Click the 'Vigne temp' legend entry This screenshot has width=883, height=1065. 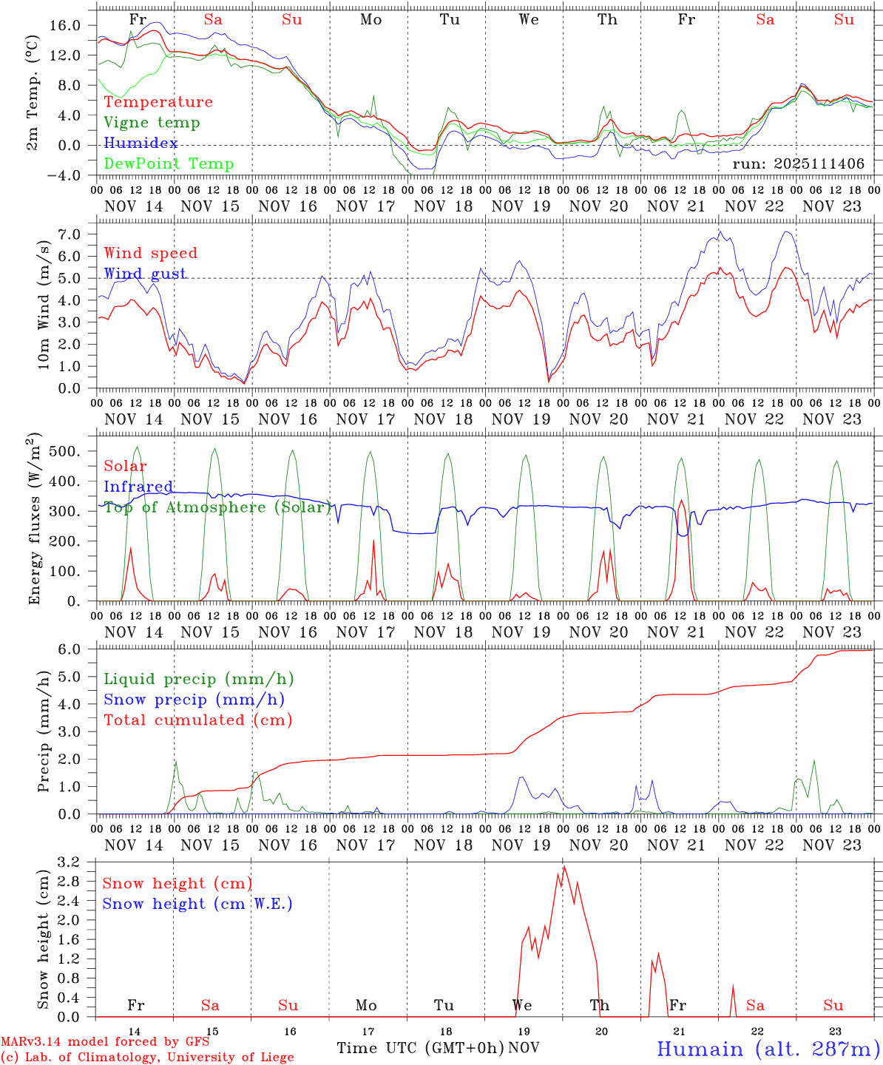point(152,123)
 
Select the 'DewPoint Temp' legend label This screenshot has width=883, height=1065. point(169,164)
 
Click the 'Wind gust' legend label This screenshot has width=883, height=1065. point(145,274)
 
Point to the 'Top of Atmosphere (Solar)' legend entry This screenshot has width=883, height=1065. point(217,507)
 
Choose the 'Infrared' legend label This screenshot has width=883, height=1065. point(138,487)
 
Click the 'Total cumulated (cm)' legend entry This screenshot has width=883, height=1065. point(198,720)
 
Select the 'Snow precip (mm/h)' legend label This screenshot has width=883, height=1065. point(194,700)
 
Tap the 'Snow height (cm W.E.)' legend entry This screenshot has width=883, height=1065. point(197,904)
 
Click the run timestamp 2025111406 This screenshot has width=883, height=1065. point(799,164)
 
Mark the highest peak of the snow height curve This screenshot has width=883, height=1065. point(564,866)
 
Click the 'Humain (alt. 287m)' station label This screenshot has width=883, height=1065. point(768,1049)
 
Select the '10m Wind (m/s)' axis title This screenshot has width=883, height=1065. point(44,305)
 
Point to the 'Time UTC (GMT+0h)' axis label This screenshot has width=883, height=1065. point(420,1048)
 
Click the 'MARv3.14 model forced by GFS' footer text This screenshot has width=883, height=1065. point(105,1042)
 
